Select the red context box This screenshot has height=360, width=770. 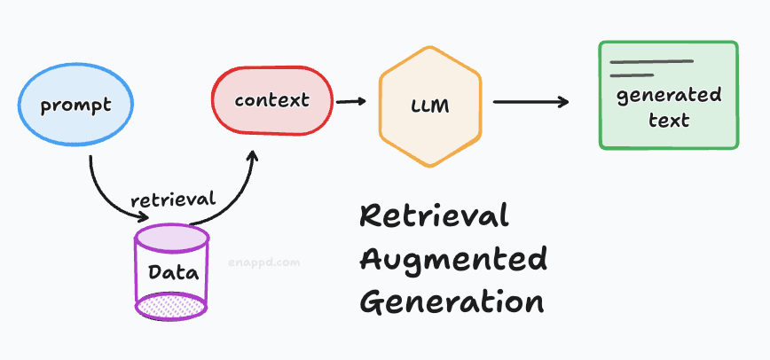pyautogui.click(x=272, y=100)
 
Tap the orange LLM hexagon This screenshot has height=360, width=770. pyautogui.click(x=430, y=106)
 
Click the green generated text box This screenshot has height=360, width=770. pyautogui.click(x=668, y=95)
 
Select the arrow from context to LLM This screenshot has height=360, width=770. pyautogui.click(x=351, y=101)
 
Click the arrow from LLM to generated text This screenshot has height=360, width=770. pyautogui.click(x=530, y=102)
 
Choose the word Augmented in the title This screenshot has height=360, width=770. pyautogui.click(x=453, y=260)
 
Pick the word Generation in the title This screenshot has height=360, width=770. pyautogui.click(x=453, y=301)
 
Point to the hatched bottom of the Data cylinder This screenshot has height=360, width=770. pyautogui.click(x=170, y=306)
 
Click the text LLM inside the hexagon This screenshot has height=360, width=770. pyautogui.click(x=430, y=106)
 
